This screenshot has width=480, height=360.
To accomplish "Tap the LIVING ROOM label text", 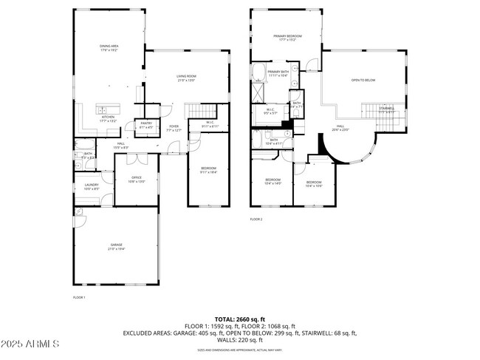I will pos(185,78).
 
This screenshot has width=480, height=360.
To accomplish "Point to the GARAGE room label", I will pos(116,247).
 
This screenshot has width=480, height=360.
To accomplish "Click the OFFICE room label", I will pos(137,179).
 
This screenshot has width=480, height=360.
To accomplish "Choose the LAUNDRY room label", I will pos(92,186).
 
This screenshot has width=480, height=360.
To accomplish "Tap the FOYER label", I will pos(174,128).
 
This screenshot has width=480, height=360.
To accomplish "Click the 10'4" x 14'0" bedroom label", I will pos(272,182).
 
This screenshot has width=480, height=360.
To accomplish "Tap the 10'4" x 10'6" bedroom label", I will pos(314,183).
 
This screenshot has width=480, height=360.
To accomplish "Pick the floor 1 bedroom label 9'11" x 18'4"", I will pos(208,170).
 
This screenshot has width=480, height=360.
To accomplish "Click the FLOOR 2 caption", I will pos(256,220).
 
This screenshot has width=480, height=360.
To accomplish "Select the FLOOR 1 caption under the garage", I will pos(79,297).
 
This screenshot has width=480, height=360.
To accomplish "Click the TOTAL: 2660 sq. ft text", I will pos(239,319).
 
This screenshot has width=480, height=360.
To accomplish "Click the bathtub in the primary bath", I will pos(259,72).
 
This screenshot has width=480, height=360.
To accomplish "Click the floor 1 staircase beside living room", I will pos(197,112).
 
